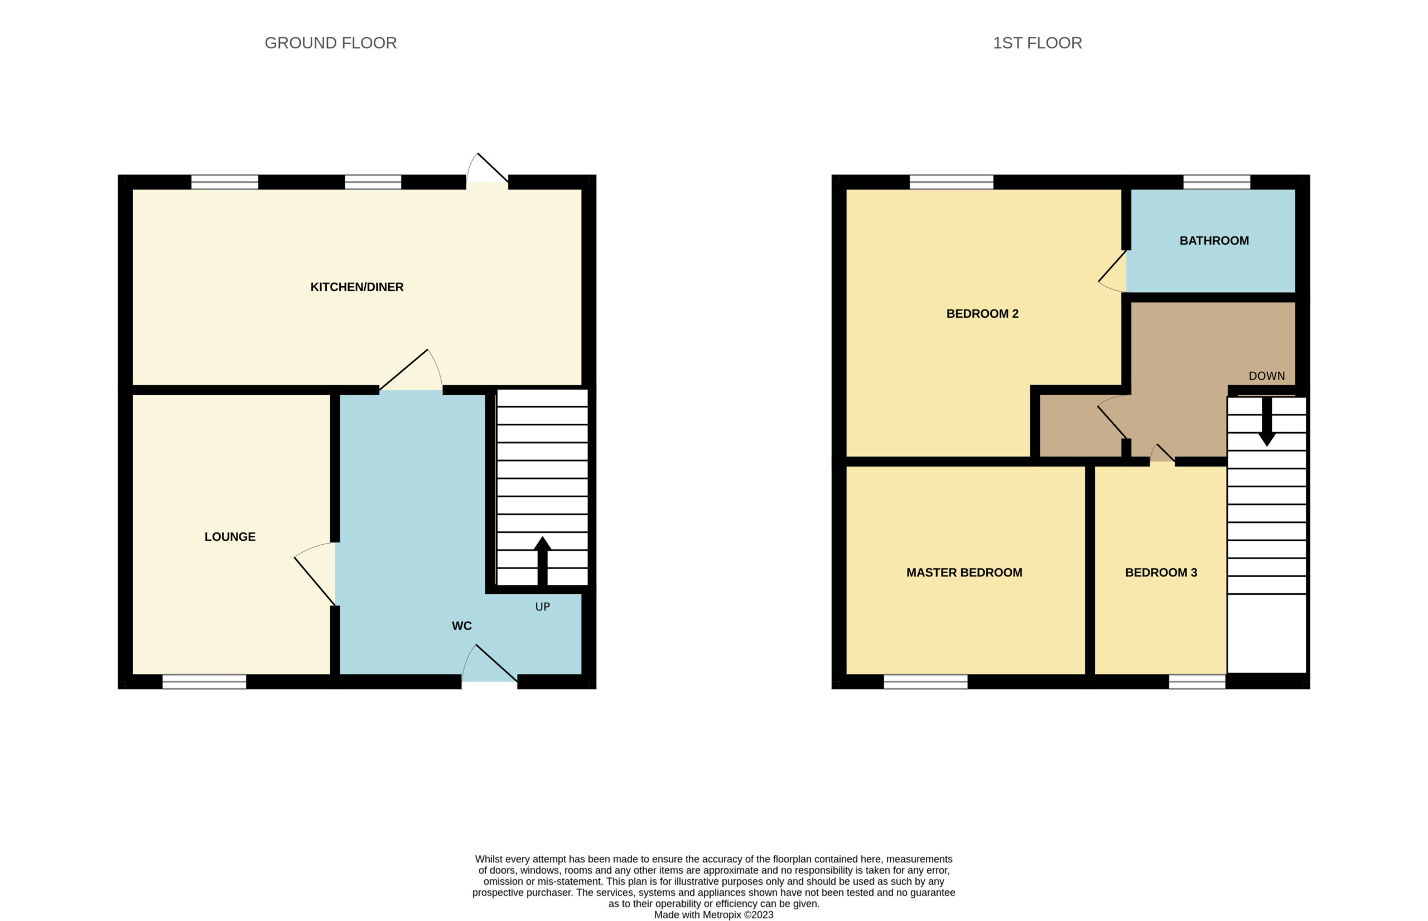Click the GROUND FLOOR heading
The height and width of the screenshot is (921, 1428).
(330, 43)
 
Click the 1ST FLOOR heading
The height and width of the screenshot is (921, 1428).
(1038, 43)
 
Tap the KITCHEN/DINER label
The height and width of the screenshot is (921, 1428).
(356, 287)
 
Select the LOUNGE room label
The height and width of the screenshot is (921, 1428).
(230, 537)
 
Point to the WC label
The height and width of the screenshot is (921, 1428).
(462, 626)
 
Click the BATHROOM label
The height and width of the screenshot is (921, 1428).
(1214, 241)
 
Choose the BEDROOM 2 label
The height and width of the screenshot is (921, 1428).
(982, 314)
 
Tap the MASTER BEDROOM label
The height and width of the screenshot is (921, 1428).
(964, 573)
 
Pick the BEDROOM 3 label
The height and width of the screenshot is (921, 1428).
(1161, 573)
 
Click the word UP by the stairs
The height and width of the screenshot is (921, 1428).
(543, 607)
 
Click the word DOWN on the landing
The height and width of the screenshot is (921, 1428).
(1266, 376)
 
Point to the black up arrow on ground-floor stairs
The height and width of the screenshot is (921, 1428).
(542, 561)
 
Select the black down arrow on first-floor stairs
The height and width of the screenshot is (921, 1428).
(1266, 421)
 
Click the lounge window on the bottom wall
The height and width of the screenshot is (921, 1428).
(204, 682)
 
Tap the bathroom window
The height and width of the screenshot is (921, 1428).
(1217, 182)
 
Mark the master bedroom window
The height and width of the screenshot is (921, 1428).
(925, 682)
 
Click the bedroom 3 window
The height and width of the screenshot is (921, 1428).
(1197, 682)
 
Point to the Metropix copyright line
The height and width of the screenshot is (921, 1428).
(713, 915)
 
